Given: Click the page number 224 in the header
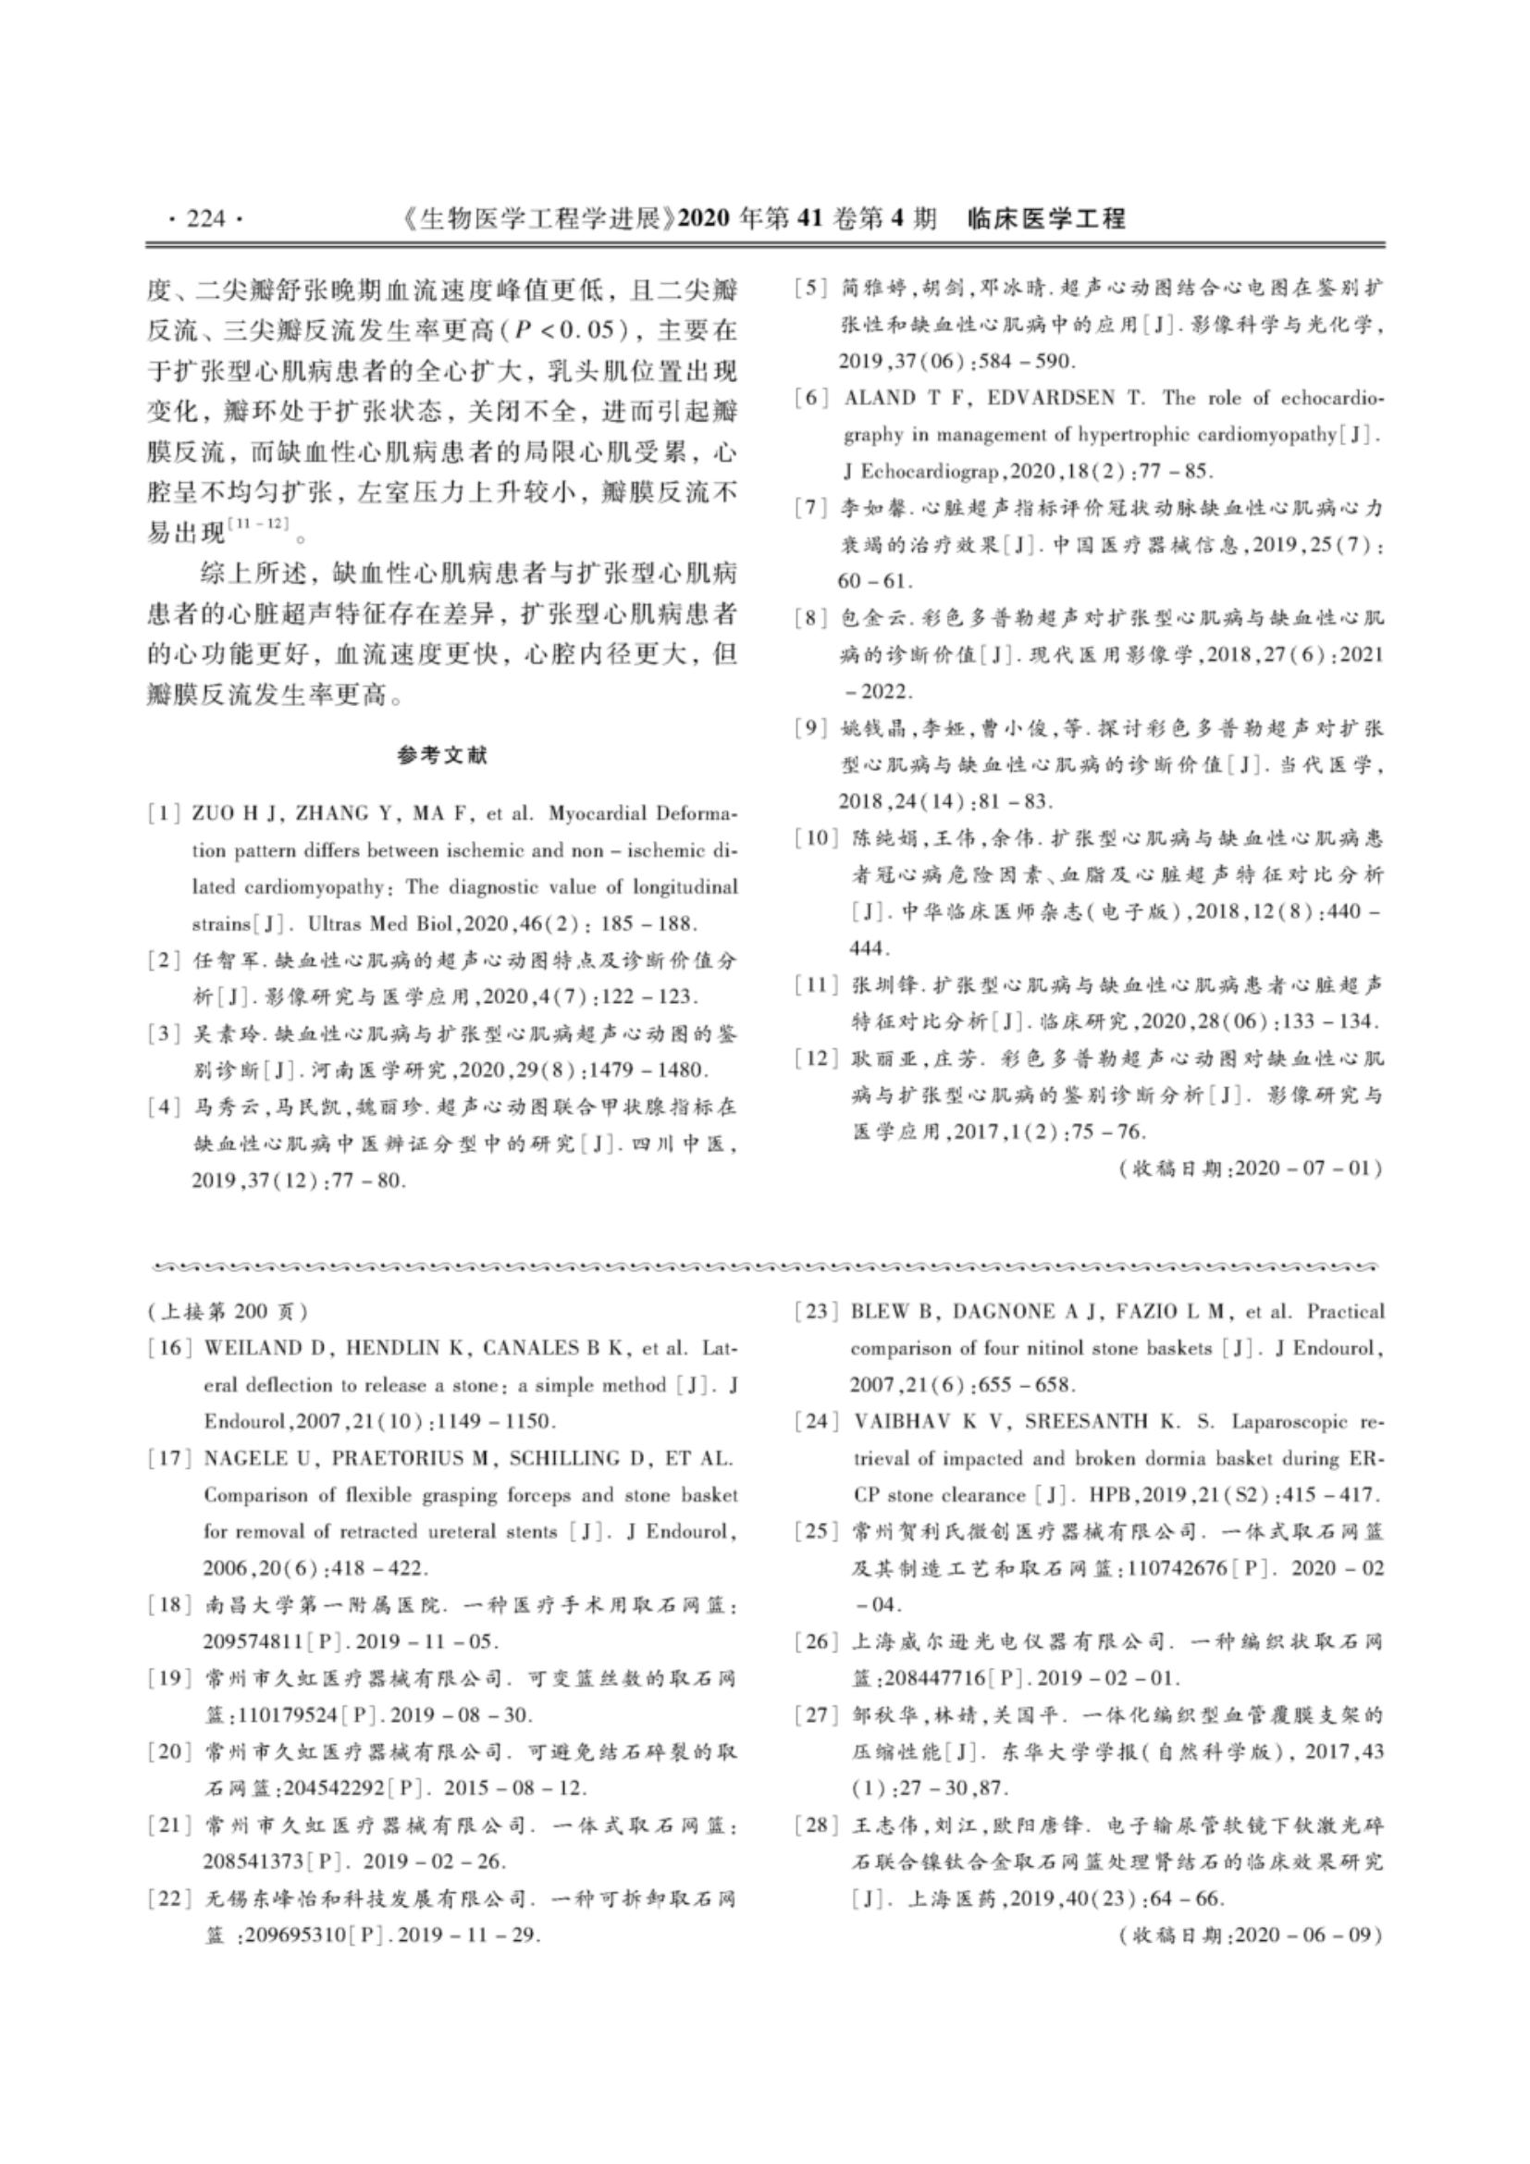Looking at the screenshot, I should (x=205, y=219).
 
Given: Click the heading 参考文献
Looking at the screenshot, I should (x=442, y=756).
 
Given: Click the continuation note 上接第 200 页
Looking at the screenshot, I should (x=227, y=1311).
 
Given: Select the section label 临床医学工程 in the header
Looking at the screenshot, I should (x=1046, y=219).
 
